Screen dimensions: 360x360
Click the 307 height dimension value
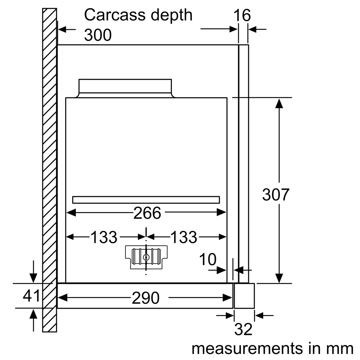pyautogui.click(x=275, y=195)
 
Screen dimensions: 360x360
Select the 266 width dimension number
pyautogui.click(x=147, y=213)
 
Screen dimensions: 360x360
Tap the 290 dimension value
pyautogui.click(x=146, y=298)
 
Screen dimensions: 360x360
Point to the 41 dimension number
pyautogui.click(x=32, y=296)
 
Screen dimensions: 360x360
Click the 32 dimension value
pyautogui.click(x=243, y=330)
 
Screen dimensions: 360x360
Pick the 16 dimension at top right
pyautogui.click(x=242, y=15)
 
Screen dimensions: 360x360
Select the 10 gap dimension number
pyautogui.click(x=207, y=259)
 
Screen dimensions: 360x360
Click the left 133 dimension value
pyautogui.click(x=104, y=238)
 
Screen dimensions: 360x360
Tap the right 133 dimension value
pyautogui.click(x=184, y=238)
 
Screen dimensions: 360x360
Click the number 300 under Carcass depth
pyautogui.click(x=98, y=35)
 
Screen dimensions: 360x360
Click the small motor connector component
pyautogui.click(x=146, y=257)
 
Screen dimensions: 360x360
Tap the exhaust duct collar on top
pyautogui.click(x=125, y=86)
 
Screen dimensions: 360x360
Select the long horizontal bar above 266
pyautogui.click(x=146, y=200)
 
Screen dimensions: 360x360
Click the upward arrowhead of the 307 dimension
pyautogui.click(x=279, y=104)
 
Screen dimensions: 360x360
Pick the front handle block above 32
pyautogui.click(x=244, y=296)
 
